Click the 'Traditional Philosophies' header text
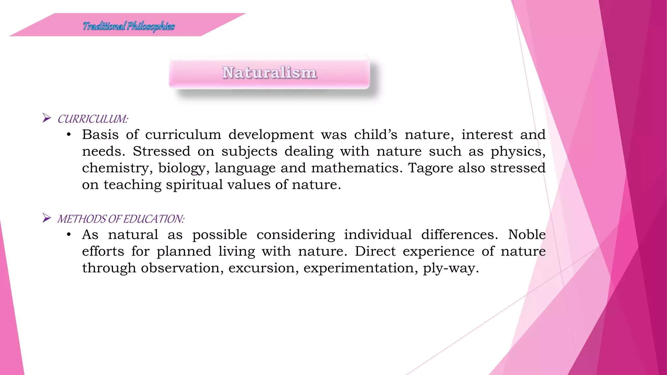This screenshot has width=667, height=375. (129, 26)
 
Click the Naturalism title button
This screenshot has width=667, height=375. (269, 72)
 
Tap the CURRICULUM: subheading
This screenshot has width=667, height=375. (93, 119)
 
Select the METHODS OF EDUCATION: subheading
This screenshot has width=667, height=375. (121, 219)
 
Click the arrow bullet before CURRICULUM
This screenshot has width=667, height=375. (47, 118)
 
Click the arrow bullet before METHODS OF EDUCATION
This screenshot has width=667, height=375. (47, 218)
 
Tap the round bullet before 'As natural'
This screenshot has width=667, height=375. (69, 235)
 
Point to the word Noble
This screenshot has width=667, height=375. (527, 235)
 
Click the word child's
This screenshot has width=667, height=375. (376, 135)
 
